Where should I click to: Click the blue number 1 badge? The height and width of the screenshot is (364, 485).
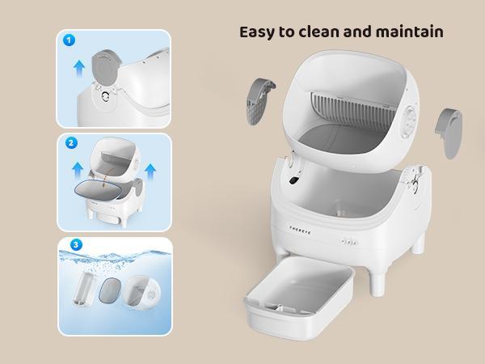point(69,40)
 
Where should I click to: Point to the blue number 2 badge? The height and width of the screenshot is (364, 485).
point(71,143)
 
